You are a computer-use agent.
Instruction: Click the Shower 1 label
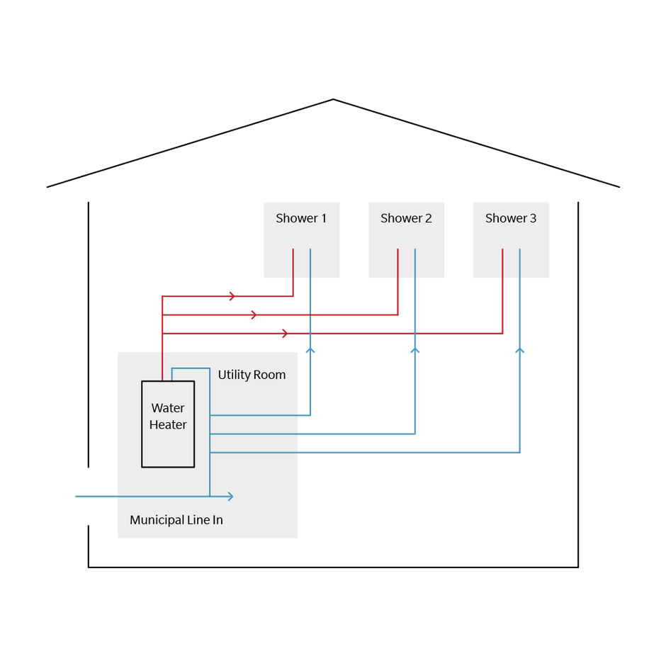tap(301, 218)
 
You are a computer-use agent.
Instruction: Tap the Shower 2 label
tap(406, 218)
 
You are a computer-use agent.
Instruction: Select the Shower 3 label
tap(511, 218)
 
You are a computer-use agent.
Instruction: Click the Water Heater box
tap(168, 446)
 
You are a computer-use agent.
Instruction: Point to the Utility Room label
tap(252, 375)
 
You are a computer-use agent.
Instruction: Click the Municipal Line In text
tap(176, 520)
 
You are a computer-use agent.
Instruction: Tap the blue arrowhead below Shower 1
tap(310, 350)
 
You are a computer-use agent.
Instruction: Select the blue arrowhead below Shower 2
tap(415, 350)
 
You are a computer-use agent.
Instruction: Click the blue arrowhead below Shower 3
tap(520, 350)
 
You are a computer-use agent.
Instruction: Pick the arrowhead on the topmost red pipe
tap(232, 296)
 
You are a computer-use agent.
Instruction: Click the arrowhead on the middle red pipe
tap(254, 315)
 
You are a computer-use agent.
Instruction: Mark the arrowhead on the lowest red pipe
tap(285, 333)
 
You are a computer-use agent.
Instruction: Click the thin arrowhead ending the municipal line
tap(230, 496)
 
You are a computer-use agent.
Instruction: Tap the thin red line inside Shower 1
tap(293, 264)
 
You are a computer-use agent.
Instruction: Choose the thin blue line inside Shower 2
tap(415, 264)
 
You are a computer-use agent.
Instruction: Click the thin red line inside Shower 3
tap(502, 264)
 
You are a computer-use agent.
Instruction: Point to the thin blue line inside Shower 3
tap(520, 264)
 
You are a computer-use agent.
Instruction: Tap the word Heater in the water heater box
tap(168, 425)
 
